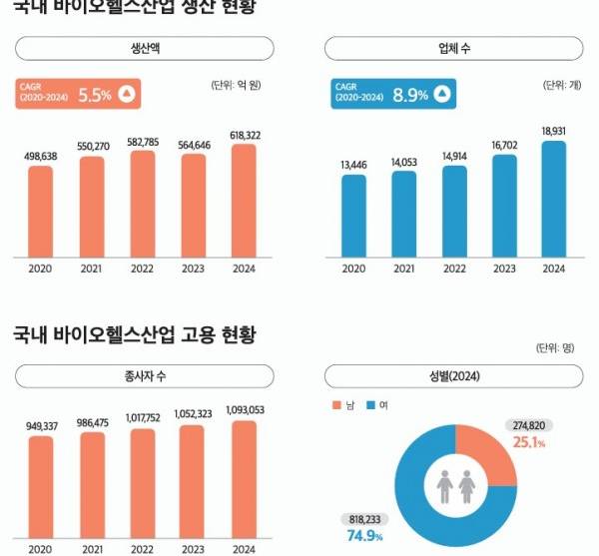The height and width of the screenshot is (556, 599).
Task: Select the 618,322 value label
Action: tap(245, 134)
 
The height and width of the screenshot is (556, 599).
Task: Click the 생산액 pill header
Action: tap(145, 48)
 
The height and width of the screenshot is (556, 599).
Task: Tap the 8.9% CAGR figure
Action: tap(409, 95)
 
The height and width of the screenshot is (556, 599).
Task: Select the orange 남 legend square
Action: tap(336, 404)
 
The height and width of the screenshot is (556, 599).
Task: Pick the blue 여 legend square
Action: tap(369, 404)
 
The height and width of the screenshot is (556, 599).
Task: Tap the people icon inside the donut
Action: tap(455, 486)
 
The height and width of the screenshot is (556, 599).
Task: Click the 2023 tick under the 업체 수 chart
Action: tap(504, 269)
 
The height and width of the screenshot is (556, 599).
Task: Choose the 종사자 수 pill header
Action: tap(145, 376)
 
